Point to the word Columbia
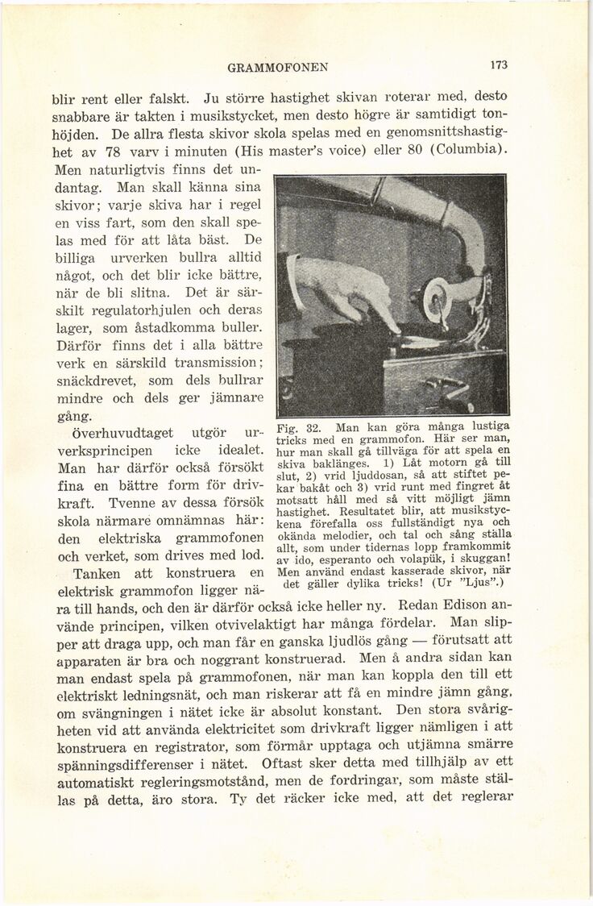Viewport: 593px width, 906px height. click(x=467, y=151)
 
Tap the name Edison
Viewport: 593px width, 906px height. click(x=471, y=604)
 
